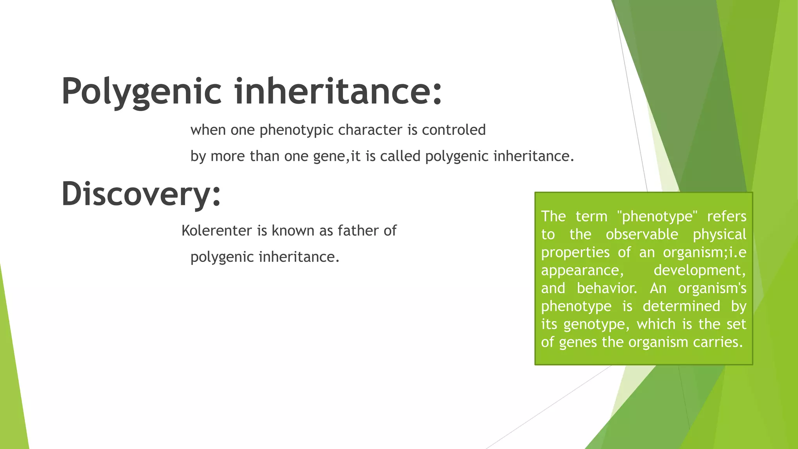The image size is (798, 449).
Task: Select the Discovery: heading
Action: click(x=141, y=194)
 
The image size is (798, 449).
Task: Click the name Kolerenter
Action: click(x=217, y=231)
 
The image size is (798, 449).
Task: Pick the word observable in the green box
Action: click(x=641, y=234)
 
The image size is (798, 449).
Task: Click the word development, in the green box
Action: click(x=699, y=270)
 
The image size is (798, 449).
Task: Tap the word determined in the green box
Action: click(x=681, y=306)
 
